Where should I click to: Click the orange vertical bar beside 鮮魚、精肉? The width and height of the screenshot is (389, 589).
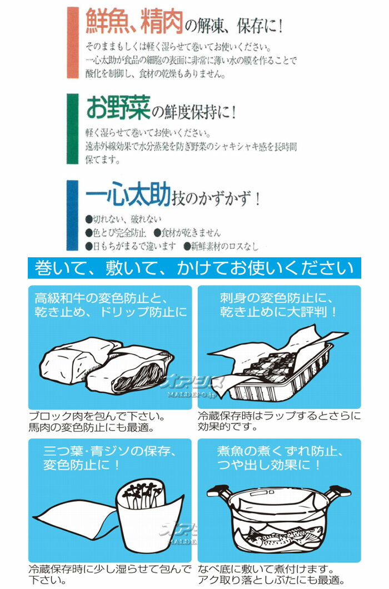pos(73,42)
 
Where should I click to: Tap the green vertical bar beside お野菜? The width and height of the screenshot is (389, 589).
pos(73,129)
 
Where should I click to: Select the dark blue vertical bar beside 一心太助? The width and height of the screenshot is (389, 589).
pos(73,215)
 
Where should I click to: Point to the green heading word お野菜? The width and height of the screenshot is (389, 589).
pos(118,108)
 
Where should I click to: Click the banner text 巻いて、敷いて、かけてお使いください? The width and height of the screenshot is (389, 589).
pos(194,268)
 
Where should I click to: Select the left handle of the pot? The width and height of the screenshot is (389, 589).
pos(219,491)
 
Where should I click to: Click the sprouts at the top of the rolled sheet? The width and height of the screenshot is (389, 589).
pos(143,493)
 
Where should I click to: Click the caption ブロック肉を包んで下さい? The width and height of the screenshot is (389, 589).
pos(97,416)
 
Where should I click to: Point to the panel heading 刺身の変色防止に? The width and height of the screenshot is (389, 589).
pos(277,298)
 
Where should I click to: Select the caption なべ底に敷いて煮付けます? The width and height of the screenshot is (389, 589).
pos(266,569)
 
